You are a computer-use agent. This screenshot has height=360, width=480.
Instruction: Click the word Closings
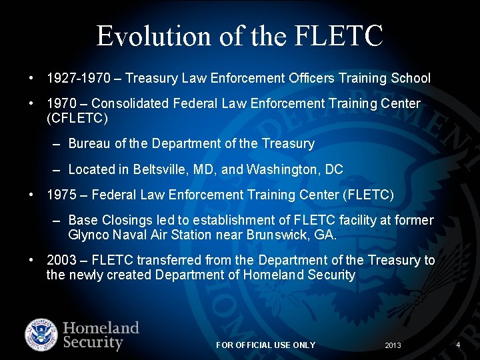(121, 220)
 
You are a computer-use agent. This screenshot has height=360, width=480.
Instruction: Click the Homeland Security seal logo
(42, 335)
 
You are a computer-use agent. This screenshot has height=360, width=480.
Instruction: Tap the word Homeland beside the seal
(101, 328)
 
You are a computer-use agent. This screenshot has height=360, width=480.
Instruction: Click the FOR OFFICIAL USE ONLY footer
(265, 345)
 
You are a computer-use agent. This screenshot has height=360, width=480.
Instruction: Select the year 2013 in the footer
(393, 345)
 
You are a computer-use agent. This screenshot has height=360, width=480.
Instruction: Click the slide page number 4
(458, 345)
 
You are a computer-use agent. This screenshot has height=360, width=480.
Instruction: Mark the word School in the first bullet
(412, 79)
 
